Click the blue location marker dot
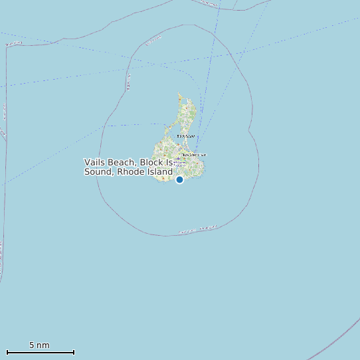pos(179,179)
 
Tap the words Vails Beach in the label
pos(109,162)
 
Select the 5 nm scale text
pos(39,345)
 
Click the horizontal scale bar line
pos(40,352)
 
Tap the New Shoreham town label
pos(194,155)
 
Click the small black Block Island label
pos(185,136)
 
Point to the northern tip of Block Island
pos(179,94)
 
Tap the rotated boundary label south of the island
pos(197,230)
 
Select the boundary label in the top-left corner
pos(13,44)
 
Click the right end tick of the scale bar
pos(74,352)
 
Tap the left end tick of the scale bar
pos(7,352)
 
